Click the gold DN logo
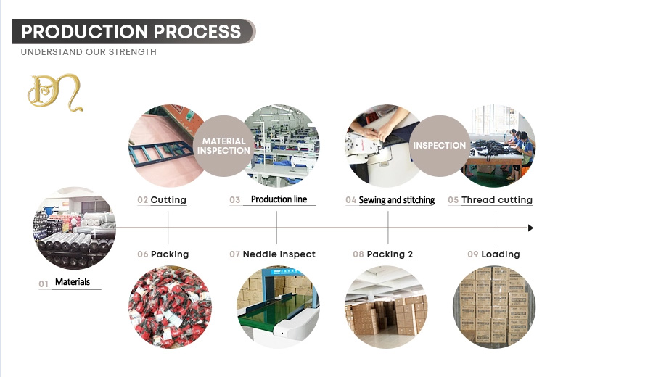click(55, 93)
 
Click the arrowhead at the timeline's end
click(530, 228)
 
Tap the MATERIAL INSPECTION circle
click(223, 146)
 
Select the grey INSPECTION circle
click(439, 146)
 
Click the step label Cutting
click(168, 199)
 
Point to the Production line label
click(279, 199)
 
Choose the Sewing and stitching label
click(396, 199)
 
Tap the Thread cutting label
click(496, 199)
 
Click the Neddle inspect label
click(279, 254)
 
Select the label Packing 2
click(390, 254)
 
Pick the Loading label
click(501, 254)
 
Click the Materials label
click(73, 282)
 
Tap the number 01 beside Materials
click(44, 284)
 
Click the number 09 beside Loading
click(473, 254)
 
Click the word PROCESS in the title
click(197, 32)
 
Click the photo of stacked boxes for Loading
click(494, 307)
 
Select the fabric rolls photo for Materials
click(74, 228)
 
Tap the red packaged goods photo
click(170, 307)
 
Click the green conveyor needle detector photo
click(278, 307)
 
